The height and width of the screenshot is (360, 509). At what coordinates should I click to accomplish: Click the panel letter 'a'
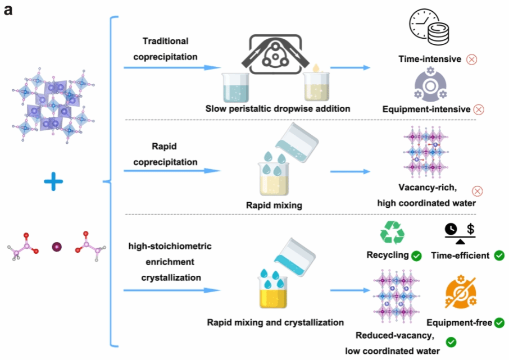point(8,10)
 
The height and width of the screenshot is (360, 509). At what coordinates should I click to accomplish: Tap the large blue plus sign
point(53,181)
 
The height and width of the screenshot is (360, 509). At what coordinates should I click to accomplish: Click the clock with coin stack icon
point(429,26)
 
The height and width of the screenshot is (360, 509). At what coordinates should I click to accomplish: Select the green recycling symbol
point(392,233)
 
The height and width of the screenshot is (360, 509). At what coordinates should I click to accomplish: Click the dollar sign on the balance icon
point(470,229)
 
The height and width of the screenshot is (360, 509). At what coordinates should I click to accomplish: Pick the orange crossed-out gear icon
point(461,292)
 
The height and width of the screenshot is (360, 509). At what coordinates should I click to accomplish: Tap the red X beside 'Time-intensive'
point(472,60)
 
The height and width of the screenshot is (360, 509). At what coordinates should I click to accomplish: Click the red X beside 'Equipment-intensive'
point(479,110)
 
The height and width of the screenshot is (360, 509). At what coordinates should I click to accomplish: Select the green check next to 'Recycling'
point(416,256)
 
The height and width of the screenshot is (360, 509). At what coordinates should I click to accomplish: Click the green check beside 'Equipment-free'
point(499,323)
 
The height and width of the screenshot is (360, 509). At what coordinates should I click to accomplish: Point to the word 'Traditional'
point(166,41)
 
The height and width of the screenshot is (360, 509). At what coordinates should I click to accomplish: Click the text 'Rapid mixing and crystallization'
point(275,323)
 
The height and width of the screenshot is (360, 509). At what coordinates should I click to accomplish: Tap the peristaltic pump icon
point(275,54)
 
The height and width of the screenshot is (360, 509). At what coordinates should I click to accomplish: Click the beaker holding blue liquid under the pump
point(235,88)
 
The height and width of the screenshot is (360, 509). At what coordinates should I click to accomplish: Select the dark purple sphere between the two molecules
point(57,247)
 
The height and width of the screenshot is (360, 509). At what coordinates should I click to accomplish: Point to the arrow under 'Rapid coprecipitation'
point(172,171)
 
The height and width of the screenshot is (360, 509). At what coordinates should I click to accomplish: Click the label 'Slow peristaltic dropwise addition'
point(278,109)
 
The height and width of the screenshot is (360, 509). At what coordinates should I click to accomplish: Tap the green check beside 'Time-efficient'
point(499,256)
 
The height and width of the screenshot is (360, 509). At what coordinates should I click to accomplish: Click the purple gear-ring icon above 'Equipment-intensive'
point(430,84)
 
